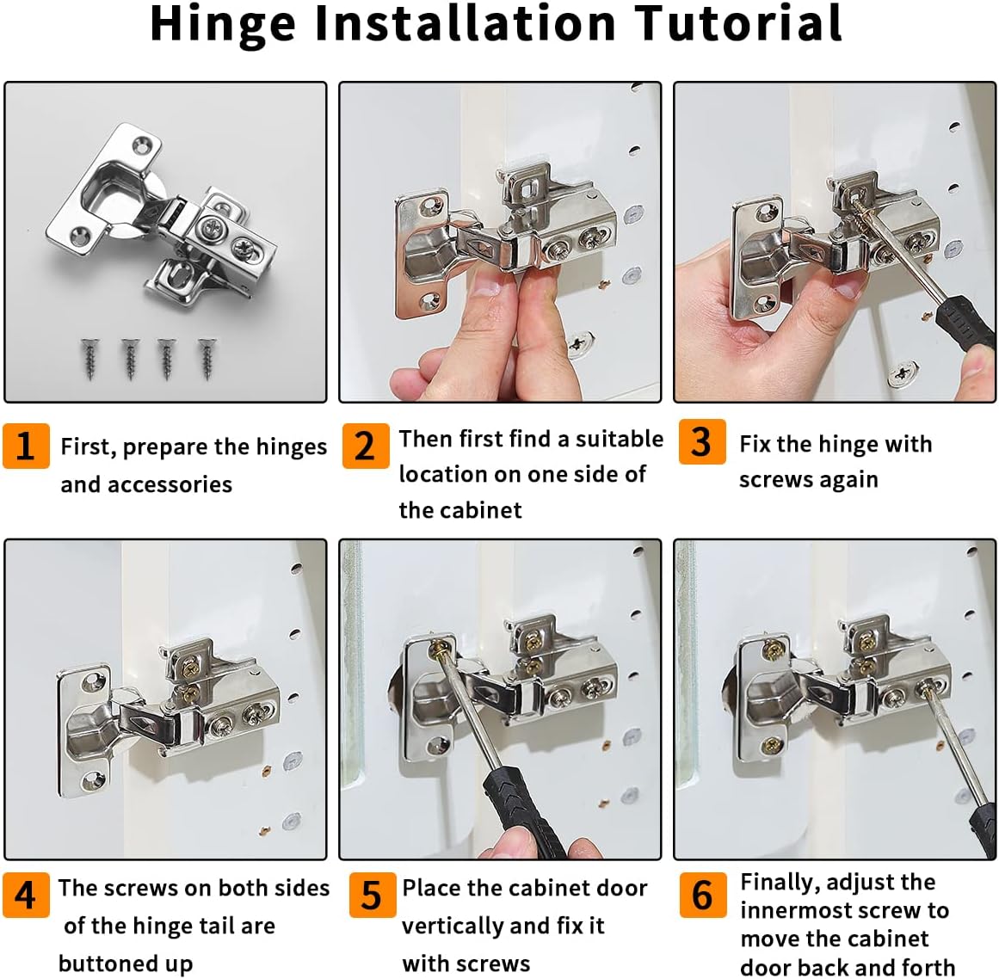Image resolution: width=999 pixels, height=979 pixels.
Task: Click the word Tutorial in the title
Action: (x=738, y=23)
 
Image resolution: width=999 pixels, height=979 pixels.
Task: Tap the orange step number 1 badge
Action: (x=26, y=446)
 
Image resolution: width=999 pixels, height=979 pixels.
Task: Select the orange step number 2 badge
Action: (x=365, y=446)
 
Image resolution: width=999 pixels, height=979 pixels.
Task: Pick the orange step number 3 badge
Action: (x=701, y=442)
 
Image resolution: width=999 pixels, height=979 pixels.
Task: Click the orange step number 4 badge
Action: (x=26, y=895)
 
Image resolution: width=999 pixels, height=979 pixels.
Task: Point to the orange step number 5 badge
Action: (x=372, y=895)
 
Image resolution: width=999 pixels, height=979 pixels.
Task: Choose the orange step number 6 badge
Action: (x=702, y=895)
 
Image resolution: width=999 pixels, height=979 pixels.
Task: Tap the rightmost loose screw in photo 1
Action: (x=206, y=358)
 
